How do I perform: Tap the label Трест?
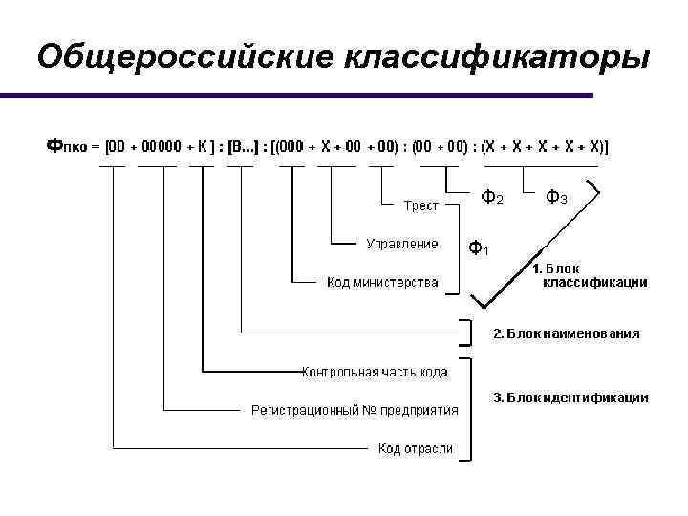[x=420, y=204]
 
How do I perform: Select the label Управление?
[x=402, y=244]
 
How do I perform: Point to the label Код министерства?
[x=382, y=282]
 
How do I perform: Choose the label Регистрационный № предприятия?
[x=355, y=410]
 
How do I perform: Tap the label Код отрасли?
[x=415, y=448]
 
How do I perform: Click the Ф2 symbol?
[x=491, y=198]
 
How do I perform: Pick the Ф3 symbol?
[x=556, y=198]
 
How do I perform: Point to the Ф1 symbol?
[x=479, y=249]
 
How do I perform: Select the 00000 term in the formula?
[x=161, y=147]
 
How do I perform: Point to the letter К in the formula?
[x=203, y=147]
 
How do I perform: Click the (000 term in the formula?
[x=290, y=147]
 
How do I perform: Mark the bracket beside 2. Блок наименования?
[x=468, y=331]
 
